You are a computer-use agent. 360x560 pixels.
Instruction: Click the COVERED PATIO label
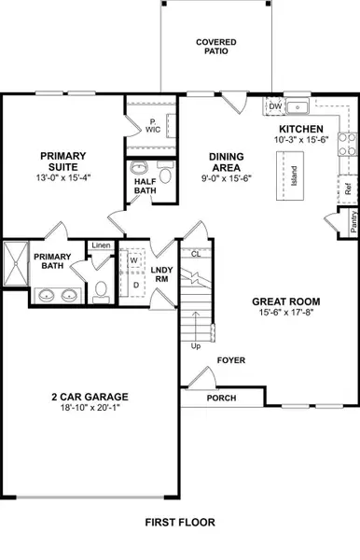[x=215, y=47]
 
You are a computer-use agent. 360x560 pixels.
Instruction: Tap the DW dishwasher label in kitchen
[x=275, y=107]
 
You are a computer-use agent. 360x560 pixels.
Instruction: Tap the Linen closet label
[x=101, y=246]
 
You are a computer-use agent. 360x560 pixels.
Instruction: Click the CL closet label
[x=195, y=253]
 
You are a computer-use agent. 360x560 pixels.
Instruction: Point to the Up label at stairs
[x=196, y=346]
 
